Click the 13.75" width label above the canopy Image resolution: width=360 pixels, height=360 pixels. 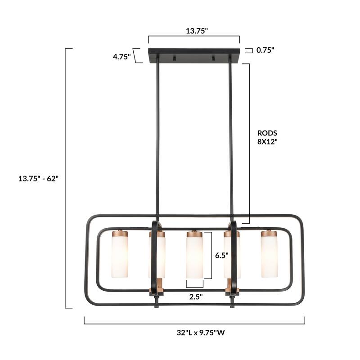click(197, 31)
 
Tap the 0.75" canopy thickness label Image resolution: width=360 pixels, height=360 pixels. click(265, 50)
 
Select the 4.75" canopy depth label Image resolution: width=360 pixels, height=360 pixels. click(121, 57)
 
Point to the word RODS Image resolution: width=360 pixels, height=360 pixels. click(267, 133)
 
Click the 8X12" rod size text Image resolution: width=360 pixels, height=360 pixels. click(267, 142)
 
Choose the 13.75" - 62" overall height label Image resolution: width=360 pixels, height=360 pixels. click(38, 178)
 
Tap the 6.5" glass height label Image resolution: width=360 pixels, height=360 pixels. click(222, 255)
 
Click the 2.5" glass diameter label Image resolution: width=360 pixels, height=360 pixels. click(196, 297)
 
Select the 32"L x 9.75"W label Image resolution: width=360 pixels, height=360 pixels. click(201, 333)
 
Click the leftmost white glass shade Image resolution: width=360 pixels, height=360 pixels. click(120, 256)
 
